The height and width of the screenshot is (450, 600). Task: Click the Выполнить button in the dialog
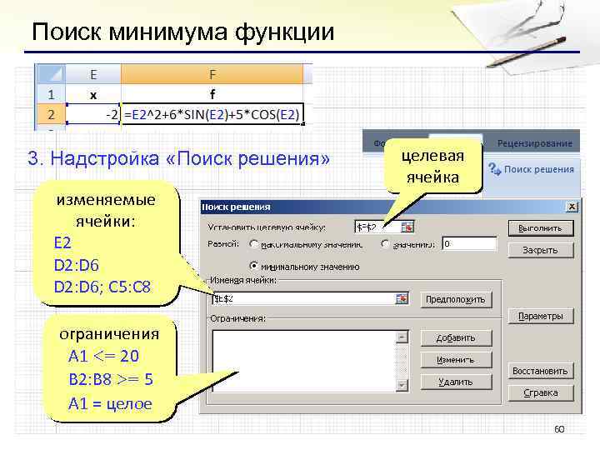[x=539, y=227]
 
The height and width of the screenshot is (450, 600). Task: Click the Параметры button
[x=539, y=317]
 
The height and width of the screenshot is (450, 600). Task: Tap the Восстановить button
[x=539, y=371]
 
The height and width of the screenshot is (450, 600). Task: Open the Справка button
[x=539, y=392]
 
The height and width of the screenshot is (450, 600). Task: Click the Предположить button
[x=456, y=299]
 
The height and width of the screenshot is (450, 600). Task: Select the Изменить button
[x=456, y=360]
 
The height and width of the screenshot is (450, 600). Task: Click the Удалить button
[x=456, y=382]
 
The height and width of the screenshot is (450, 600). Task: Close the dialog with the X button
[x=572, y=206]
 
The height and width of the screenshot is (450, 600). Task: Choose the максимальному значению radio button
[x=253, y=244]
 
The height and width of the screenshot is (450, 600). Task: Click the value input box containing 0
[x=468, y=244]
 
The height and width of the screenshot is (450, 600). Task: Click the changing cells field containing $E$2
[x=304, y=298]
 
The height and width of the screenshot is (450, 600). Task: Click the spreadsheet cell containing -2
[x=93, y=114]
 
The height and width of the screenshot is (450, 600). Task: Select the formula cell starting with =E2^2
[x=212, y=114]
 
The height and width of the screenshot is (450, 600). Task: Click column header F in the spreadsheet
[x=212, y=74]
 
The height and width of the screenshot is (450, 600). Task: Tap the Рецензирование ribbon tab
[x=534, y=143]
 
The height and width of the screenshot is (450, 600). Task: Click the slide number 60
[x=559, y=429]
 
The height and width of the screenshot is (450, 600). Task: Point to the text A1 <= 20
[x=104, y=356]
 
